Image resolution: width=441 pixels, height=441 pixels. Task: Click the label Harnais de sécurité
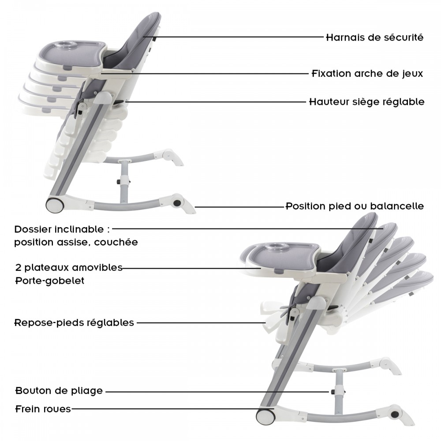374,37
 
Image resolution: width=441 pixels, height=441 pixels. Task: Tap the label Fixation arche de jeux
367,74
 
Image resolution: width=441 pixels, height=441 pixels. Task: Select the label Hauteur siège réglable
367,101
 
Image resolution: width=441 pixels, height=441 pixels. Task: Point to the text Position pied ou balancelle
355,206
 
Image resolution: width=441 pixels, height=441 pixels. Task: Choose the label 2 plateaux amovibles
69,268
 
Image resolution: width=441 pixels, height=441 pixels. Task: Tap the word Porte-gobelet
50,280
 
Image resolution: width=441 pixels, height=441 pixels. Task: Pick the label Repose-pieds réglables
74,323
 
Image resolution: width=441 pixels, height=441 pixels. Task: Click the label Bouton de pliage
59,391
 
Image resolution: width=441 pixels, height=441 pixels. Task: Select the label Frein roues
43,409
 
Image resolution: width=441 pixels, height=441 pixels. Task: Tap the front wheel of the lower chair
265,417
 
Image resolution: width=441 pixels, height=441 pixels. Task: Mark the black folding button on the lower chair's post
333,392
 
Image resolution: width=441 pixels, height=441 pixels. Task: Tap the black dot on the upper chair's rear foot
177,203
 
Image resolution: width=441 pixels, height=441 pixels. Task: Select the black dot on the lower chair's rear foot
395,414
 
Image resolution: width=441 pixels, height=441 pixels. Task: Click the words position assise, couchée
76,242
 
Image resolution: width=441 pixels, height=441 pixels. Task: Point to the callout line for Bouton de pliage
217,392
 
